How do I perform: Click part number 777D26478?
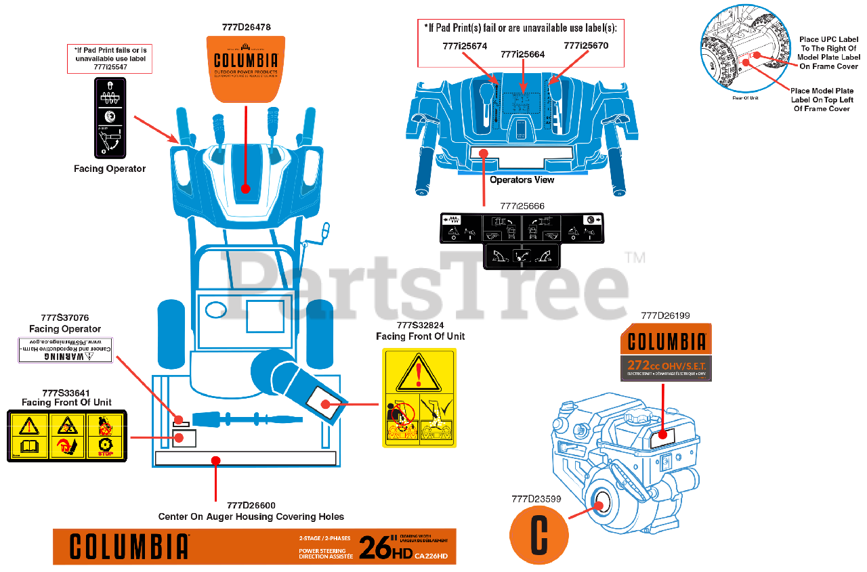click(x=246, y=28)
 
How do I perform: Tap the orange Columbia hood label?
click(x=246, y=67)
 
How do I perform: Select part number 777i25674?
click(x=464, y=46)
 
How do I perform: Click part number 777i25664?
click(x=522, y=54)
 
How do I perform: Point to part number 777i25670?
click(x=586, y=46)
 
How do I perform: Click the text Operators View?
click(x=522, y=180)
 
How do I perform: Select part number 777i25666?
click(x=522, y=206)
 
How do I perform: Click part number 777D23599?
click(x=536, y=499)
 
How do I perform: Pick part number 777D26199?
click(x=665, y=315)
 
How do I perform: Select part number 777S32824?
click(x=420, y=325)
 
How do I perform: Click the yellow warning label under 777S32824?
click(x=419, y=397)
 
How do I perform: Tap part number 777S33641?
click(x=66, y=393)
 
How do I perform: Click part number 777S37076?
click(x=65, y=317)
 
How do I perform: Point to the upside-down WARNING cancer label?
click(x=65, y=350)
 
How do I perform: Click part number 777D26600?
click(x=251, y=505)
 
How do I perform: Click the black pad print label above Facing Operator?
click(x=109, y=117)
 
